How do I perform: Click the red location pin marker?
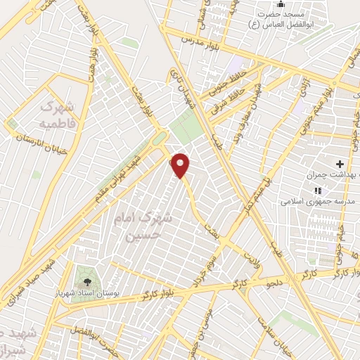pos(181,165)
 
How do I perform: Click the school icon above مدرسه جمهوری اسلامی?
pos(318,190)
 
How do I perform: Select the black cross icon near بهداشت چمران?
pos(340,163)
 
